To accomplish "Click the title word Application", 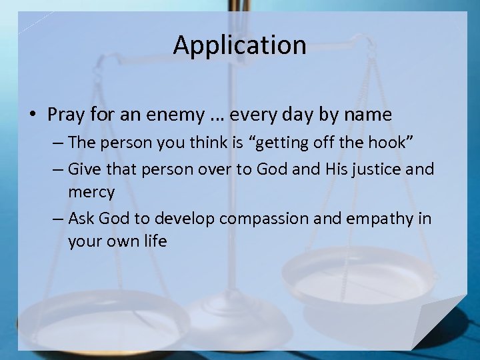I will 239,45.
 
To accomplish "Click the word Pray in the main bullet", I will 65,115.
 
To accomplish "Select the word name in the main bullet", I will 367,115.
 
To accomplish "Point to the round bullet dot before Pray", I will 33,115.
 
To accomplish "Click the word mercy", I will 91,193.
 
